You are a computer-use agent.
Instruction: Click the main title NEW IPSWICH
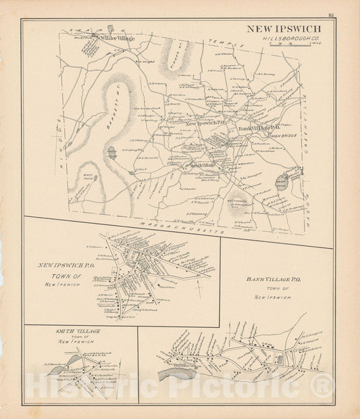tap(283, 29)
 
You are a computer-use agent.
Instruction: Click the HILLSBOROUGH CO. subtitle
tap(287, 40)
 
